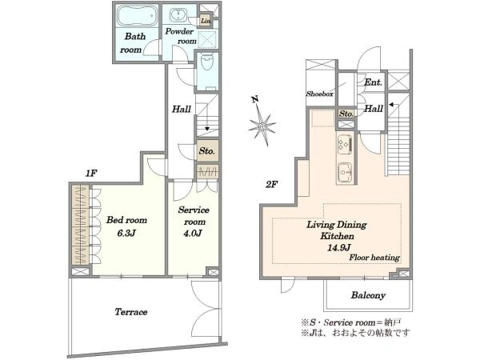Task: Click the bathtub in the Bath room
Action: click(137, 15)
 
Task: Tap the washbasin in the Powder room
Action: click(177, 15)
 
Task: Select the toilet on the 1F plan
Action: click(207, 62)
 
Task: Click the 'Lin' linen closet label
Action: click(206, 21)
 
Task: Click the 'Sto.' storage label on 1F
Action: click(207, 151)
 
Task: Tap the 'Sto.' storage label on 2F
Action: click(346, 114)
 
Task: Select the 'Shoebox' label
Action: click(320, 94)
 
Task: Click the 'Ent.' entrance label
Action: click(373, 82)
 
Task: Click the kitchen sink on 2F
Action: click(345, 173)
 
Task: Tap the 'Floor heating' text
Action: click(374, 258)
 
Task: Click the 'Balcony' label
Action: click(368, 295)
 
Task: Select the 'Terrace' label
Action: click(131, 312)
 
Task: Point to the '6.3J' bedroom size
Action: click(126, 234)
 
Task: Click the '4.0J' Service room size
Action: click(193, 234)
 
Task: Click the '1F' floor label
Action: click(91, 174)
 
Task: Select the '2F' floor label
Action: click(271, 185)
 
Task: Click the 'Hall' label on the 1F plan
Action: click(182, 109)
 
